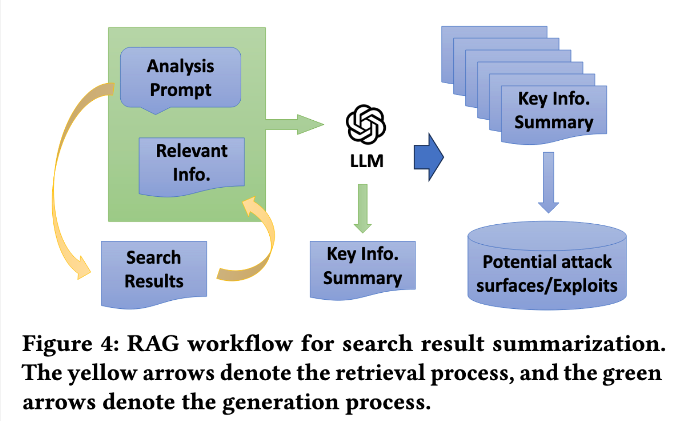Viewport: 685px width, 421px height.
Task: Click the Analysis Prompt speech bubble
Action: pyautogui.click(x=180, y=77)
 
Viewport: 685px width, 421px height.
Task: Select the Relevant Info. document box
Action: pyautogui.click(x=192, y=163)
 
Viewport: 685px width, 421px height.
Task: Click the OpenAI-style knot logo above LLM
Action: pyautogui.click(x=365, y=124)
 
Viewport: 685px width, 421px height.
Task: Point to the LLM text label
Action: pyautogui.click(x=366, y=161)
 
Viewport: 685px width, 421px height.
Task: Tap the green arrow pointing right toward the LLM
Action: pyautogui.click(x=295, y=124)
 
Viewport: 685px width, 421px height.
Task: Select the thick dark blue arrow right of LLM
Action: pyautogui.click(x=429, y=157)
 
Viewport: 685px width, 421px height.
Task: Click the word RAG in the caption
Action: pyautogui.click(x=153, y=344)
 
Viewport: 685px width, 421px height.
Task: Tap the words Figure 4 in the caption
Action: pyautogui.click(x=70, y=344)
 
